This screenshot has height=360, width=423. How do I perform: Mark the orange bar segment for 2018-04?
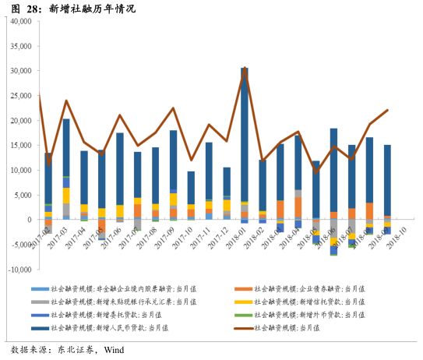tap(298, 207)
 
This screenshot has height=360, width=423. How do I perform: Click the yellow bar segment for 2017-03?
tap(66, 195)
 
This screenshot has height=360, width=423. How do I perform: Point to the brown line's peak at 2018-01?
tap(245, 69)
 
